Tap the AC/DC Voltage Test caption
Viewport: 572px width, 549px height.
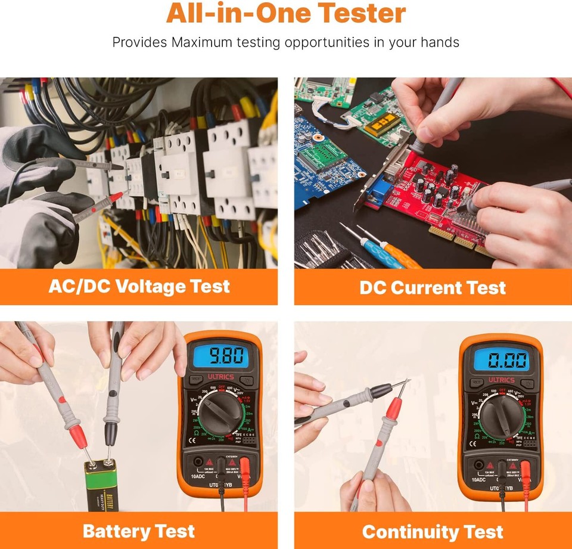click(x=139, y=287)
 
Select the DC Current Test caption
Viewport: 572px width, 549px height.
click(x=433, y=288)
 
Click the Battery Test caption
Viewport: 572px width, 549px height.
click(x=138, y=531)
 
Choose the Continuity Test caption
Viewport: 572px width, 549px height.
click(x=433, y=532)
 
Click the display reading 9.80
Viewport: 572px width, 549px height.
click(x=219, y=356)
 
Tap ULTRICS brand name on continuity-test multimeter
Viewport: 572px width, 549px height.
click(x=502, y=380)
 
